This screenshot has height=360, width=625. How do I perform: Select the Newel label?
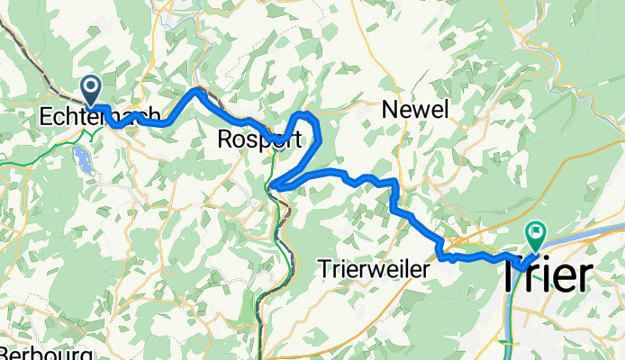tap(414, 109)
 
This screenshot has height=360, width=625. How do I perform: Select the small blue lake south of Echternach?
tap(82, 161)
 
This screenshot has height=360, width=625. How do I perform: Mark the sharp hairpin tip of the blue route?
tap(273, 186)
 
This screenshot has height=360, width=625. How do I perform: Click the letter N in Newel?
tap(390, 109)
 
